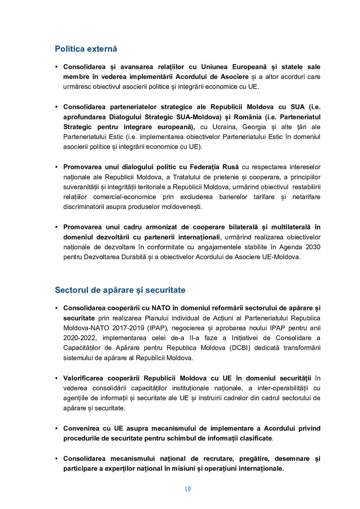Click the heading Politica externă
coord(86,49)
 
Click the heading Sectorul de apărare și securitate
coord(120,290)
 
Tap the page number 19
coord(188,489)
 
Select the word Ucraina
coord(225,127)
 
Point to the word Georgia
coord(254,127)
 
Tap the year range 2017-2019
coord(128,328)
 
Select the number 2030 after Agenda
coord(313,247)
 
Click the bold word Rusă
coord(231,167)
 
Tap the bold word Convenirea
coord(81,429)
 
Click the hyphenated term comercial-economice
coord(124,197)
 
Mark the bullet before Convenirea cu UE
coord(56,429)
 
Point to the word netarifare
coord(306,197)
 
